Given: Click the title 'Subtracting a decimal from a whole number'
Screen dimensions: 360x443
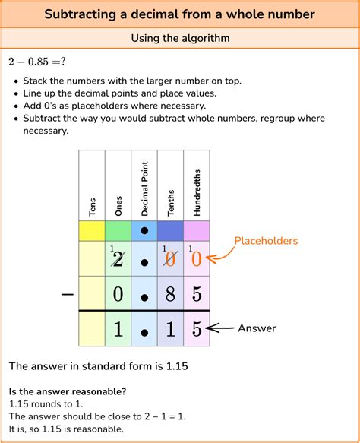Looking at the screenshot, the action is point(179,14).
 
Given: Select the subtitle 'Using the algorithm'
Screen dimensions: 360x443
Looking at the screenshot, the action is point(179,38).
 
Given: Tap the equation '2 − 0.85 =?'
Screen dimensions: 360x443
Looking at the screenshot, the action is point(38,62).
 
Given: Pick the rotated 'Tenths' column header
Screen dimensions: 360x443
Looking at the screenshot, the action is point(170,204).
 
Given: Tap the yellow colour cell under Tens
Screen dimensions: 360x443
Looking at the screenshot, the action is point(92,231).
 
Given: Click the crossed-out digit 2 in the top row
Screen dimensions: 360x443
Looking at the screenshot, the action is point(118,259).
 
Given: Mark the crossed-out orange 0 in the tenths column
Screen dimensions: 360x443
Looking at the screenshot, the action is point(171,259).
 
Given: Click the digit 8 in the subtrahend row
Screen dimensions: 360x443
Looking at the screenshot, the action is point(170,293).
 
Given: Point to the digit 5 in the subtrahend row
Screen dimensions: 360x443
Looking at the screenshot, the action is point(197,293).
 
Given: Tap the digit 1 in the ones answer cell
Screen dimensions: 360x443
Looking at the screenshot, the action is point(118,330).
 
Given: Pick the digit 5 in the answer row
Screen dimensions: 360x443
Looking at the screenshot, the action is point(197,330).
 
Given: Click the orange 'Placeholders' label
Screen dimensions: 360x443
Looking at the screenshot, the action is point(266,241).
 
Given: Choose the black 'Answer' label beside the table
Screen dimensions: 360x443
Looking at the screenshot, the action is point(258,328).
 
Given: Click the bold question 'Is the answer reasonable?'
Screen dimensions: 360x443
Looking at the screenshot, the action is point(68,391).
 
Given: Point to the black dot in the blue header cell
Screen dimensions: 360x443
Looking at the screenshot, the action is point(144,231).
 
